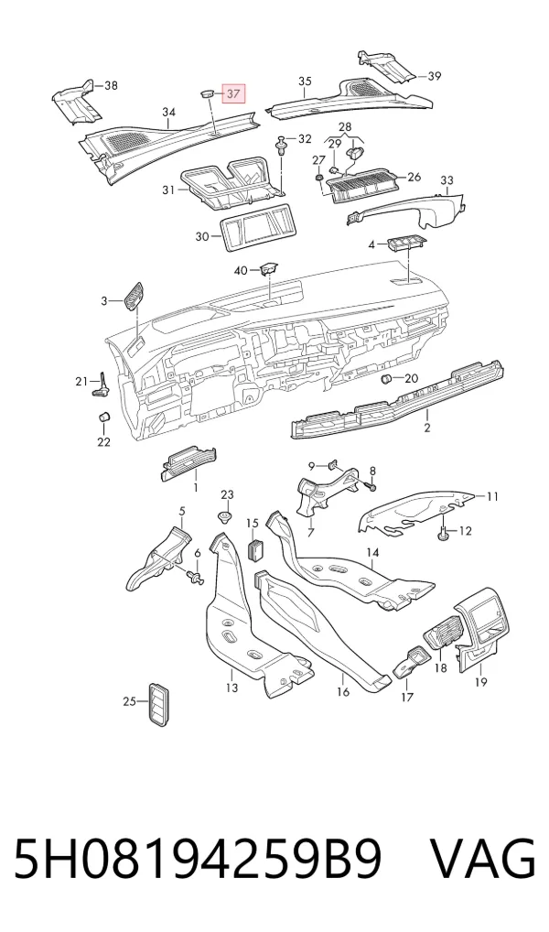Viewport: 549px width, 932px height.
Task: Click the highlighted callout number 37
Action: point(233,93)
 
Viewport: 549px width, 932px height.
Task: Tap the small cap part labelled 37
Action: point(206,93)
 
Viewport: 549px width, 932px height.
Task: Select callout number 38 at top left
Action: point(111,85)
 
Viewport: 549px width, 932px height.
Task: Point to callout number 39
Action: point(435,75)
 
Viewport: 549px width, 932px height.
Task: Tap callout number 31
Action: point(168,190)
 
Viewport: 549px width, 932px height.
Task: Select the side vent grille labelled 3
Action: point(133,296)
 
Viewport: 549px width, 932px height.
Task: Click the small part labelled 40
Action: point(268,269)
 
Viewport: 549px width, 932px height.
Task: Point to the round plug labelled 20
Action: point(385,379)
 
